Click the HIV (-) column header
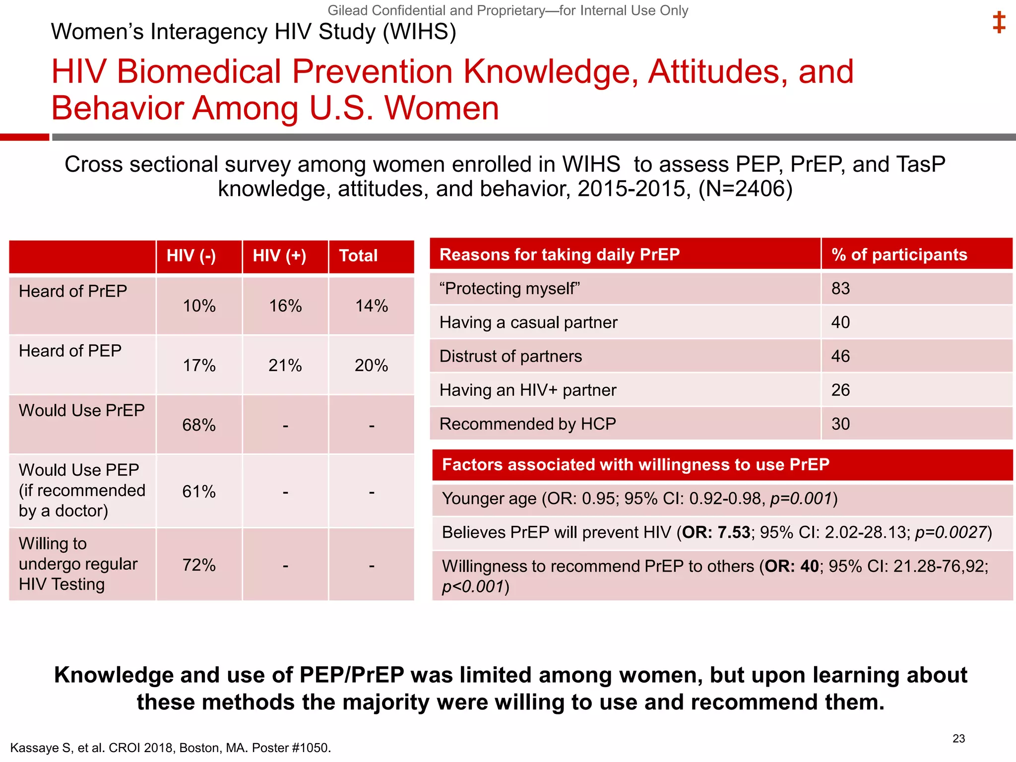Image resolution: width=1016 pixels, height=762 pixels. (191, 256)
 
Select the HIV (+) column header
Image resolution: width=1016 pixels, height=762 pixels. (279, 256)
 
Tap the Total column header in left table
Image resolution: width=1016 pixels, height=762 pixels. (358, 256)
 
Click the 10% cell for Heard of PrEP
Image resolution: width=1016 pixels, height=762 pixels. (199, 306)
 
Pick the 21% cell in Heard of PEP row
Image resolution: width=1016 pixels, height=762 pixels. (285, 366)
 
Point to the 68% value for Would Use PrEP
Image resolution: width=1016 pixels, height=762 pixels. (199, 425)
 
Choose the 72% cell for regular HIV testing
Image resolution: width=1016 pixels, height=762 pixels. (199, 565)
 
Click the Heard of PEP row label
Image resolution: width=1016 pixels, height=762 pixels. (70, 351)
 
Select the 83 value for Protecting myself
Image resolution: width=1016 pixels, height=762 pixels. (840, 289)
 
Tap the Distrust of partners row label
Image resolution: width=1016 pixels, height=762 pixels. (510, 356)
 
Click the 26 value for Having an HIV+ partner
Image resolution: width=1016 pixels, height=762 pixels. (840, 390)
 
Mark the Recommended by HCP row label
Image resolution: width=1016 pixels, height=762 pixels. (527, 424)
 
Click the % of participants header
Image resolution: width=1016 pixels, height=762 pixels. (899, 254)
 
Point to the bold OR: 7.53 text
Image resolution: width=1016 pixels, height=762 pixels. (716, 532)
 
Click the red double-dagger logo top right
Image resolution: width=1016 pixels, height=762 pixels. (999, 23)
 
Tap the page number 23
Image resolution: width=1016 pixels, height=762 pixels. (958, 739)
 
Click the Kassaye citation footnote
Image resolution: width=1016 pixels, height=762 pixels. (170, 748)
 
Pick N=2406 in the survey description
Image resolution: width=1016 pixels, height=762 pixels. (745, 189)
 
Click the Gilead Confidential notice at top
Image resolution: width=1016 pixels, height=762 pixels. (508, 10)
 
